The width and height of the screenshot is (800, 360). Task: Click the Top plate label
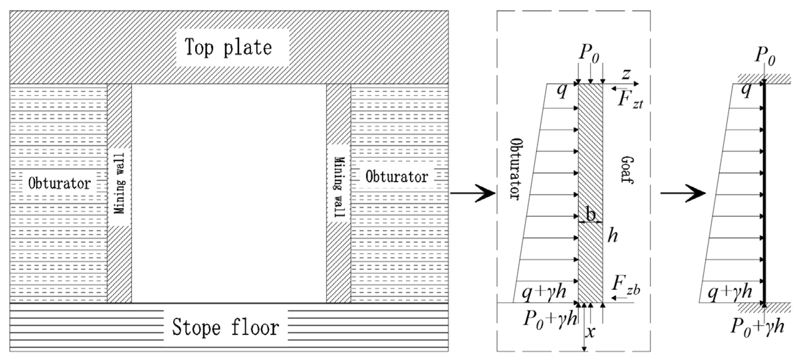click(228, 47)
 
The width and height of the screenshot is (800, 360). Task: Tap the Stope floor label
click(225, 327)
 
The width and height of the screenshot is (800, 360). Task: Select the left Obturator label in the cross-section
click(60, 183)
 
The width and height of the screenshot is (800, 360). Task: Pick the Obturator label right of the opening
click(397, 177)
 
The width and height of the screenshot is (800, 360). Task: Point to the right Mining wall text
click(339, 186)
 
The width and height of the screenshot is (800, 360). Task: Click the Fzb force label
click(626, 286)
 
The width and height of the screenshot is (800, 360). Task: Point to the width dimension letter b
click(591, 214)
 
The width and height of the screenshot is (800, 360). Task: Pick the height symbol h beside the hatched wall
click(612, 236)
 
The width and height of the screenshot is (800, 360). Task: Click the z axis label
click(626, 74)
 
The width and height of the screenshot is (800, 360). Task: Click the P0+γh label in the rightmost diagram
click(757, 327)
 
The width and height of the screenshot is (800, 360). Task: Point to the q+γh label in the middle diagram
click(543, 292)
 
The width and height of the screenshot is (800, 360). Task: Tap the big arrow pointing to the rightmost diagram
click(683, 193)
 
